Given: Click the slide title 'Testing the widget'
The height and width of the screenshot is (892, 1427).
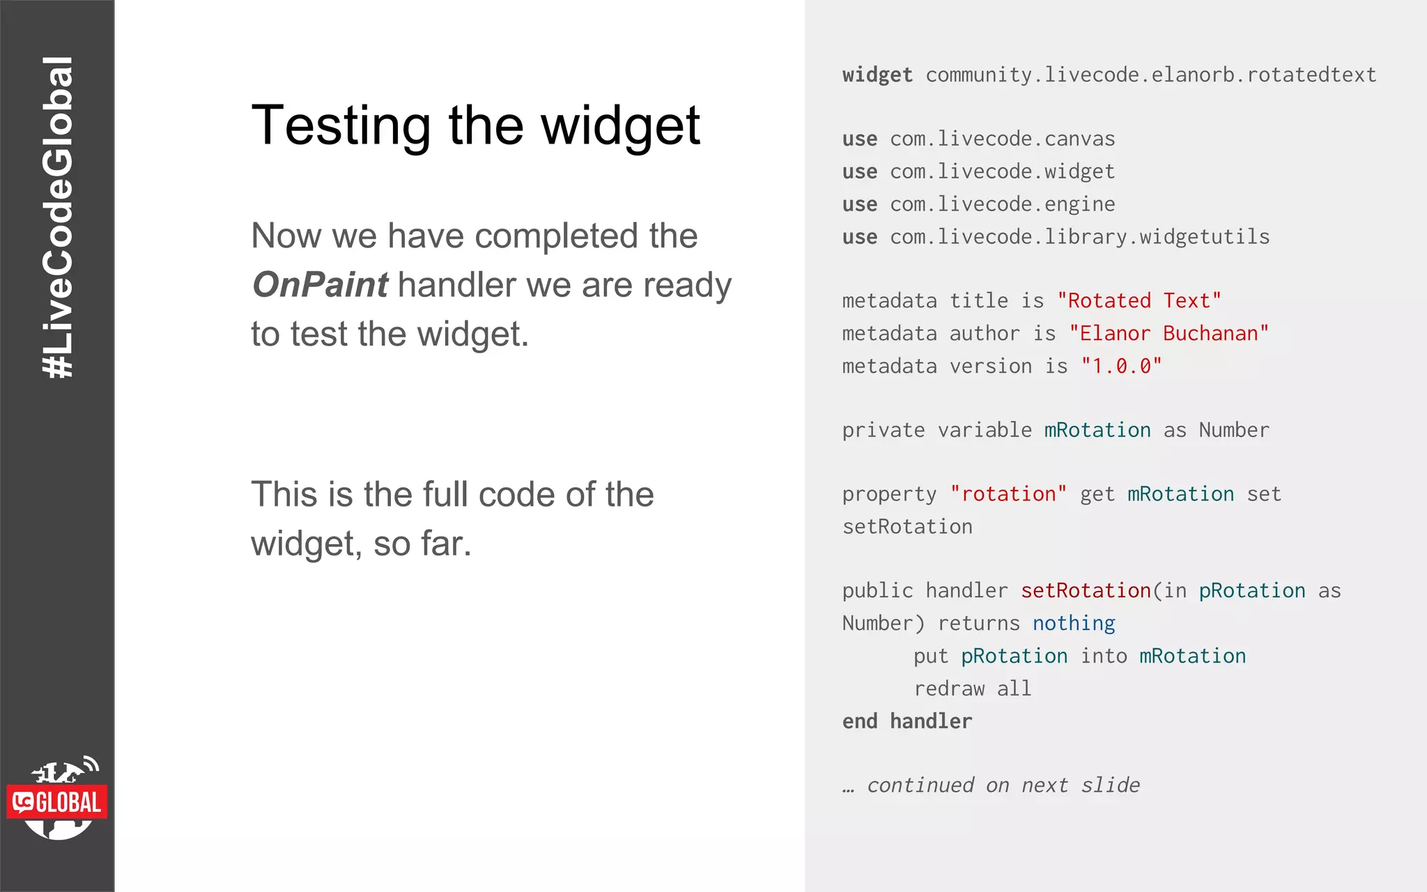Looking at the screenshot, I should (x=475, y=125).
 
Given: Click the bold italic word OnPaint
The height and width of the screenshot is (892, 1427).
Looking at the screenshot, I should (x=320, y=284).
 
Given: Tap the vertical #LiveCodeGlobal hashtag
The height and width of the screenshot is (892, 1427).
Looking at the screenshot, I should (x=58, y=217).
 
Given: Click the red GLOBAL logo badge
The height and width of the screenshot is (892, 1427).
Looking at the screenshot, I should (x=57, y=802).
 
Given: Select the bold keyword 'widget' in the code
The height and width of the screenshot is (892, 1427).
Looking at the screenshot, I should (x=877, y=75).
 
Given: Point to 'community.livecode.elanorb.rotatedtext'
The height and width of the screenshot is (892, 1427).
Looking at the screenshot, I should (x=1150, y=75).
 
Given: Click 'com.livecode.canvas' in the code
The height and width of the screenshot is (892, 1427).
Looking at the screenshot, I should (x=1002, y=139).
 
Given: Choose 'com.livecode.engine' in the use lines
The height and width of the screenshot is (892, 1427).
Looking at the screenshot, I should (x=1002, y=204).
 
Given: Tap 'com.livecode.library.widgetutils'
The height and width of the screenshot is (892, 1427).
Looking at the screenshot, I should (x=1079, y=237).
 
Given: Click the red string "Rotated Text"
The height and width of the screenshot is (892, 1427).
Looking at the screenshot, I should (x=1139, y=301).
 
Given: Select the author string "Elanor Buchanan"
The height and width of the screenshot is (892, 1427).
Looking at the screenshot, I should (x=1168, y=334).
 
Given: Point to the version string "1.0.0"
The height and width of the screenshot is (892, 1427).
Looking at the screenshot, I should (x=1121, y=367).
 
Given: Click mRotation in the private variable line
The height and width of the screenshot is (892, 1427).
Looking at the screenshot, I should (x=1097, y=431).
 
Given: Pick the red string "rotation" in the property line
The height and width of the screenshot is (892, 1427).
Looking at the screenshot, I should (x=1008, y=494).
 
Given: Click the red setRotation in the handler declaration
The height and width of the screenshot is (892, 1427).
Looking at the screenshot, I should (x=1085, y=591).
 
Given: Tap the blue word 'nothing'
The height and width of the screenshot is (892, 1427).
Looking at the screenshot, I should (x=1073, y=623).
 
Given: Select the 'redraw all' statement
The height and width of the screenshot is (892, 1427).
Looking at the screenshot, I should (x=972, y=689).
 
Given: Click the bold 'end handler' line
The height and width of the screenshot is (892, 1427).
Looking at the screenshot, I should (x=907, y=721).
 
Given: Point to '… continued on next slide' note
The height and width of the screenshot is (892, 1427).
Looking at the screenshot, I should (x=991, y=785).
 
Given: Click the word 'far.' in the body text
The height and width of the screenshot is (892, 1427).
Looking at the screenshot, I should (x=445, y=544).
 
